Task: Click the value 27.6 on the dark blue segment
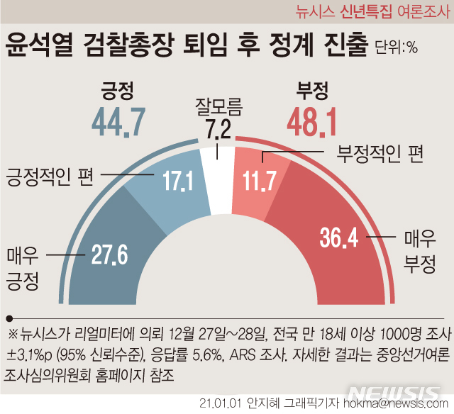click(109, 254)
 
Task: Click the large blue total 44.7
click(118, 122)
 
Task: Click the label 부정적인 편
click(380, 153)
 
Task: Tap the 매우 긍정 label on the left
click(23, 269)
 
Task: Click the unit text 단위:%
click(396, 48)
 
